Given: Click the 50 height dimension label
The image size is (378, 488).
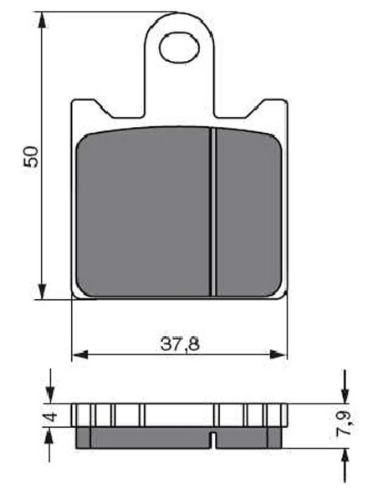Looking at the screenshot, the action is pyautogui.click(x=32, y=156).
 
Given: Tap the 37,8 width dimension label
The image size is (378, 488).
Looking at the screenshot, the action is pyautogui.click(x=180, y=344).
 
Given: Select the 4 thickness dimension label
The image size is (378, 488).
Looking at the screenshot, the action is pyautogui.click(x=51, y=416).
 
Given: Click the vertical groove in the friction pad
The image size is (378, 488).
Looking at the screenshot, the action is pyautogui.click(x=213, y=212).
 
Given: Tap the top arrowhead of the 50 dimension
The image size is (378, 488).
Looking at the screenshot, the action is pyautogui.click(x=42, y=21).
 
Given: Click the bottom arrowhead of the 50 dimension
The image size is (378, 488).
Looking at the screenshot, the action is pyautogui.click(x=42, y=291).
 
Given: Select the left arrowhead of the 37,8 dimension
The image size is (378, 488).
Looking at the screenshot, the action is pyautogui.click(x=80, y=354).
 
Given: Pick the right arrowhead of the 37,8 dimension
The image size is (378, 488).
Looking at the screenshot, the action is pyautogui.click(x=278, y=354).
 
